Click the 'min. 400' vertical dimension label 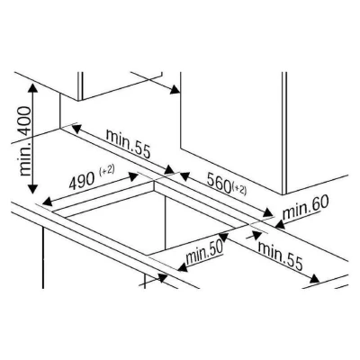(x=24, y=141)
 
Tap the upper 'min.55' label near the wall (x=128, y=144)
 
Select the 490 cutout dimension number (x=82, y=181)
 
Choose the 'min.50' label (x=204, y=252)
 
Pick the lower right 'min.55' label (x=281, y=256)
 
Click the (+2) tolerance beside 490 (x=106, y=171)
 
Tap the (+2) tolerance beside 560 (x=240, y=190)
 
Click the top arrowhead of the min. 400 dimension (x=32, y=87)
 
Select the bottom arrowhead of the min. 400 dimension (x=32, y=189)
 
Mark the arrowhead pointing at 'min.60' (x=280, y=224)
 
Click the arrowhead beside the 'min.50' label (x=183, y=267)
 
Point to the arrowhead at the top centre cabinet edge (x=175, y=89)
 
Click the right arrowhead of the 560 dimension (x=268, y=212)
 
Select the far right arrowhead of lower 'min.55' (x=315, y=279)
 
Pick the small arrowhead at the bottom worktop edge (x=162, y=278)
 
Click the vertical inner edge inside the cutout (x=166, y=222)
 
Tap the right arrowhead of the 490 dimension (x=133, y=177)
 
